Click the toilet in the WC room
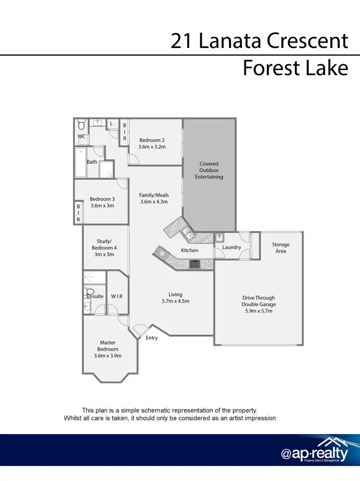(81, 126)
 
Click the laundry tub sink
(219, 237)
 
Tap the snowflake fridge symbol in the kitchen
(162, 253)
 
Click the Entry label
(152, 338)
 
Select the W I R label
(117, 296)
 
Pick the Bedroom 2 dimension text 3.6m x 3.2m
(153, 147)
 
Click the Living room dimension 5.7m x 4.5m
(175, 301)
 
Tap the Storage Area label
(281, 247)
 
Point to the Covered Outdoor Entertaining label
(209, 170)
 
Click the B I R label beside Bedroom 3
(79, 213)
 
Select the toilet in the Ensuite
(88, 292)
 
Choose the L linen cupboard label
(111, 124)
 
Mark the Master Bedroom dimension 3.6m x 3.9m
(108, 356)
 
